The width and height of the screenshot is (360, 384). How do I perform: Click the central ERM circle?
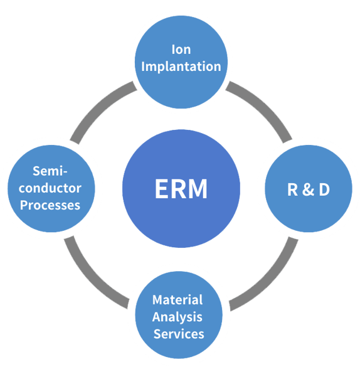point(181,188)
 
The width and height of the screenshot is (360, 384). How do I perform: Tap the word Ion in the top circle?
point(181,49)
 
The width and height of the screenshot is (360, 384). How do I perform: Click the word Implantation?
point(181,66)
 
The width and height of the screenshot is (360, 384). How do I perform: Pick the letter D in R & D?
point(324,189)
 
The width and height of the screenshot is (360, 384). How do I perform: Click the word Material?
point(177,300)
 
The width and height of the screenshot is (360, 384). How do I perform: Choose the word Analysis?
point(177,317)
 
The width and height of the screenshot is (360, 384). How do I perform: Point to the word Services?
point(179,334)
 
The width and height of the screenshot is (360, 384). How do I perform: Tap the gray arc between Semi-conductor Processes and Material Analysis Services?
point(94,276)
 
